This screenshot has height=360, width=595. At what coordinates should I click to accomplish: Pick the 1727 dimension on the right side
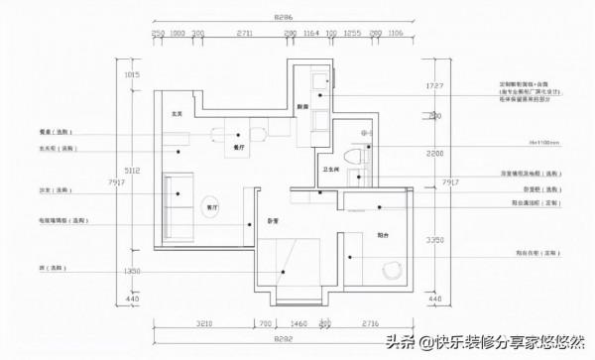click(431, 86)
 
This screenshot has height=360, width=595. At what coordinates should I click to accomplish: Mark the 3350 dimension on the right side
click(431, 239)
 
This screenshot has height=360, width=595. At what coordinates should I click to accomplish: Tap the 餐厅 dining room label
click(238, 147)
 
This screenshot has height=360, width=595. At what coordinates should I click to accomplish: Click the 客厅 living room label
click(209, 208)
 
